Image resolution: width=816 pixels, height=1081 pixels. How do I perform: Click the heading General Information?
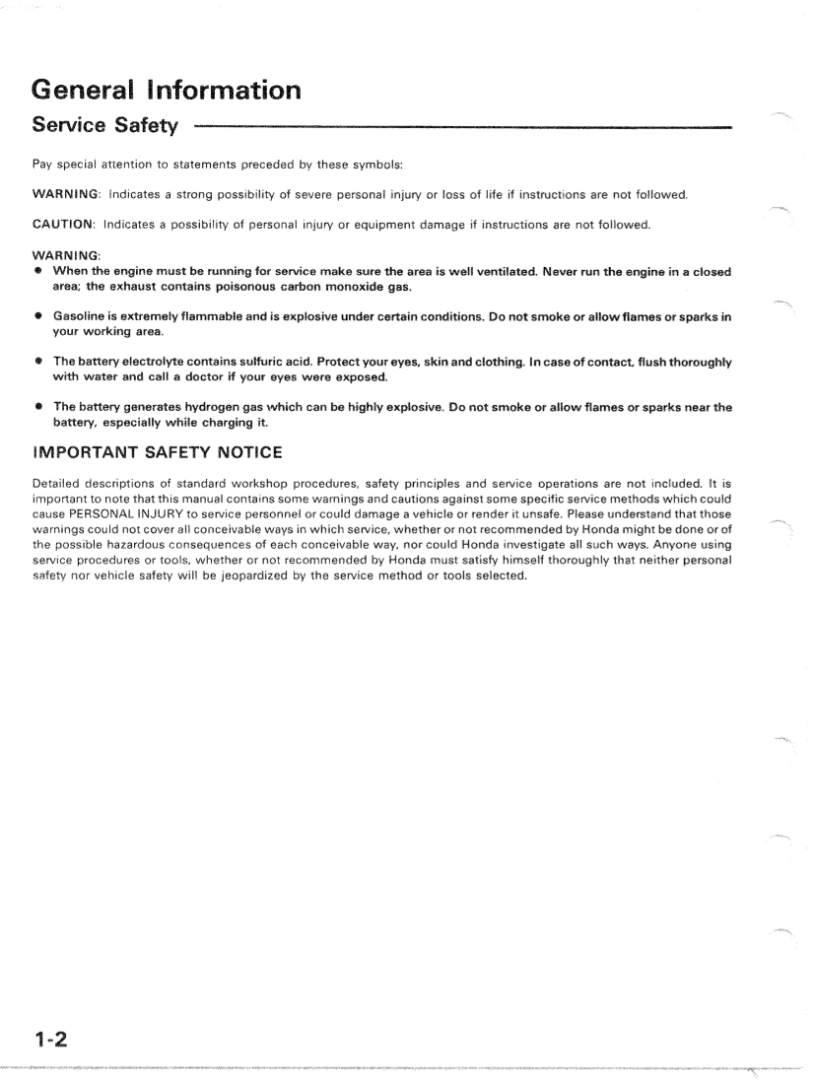click(167, 92)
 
